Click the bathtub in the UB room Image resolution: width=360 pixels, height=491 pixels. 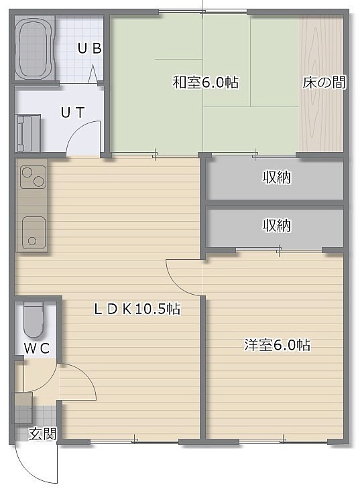tap(34, 48)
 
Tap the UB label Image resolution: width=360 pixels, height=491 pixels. tap(90, 49)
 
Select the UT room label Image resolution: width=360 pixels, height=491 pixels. tap(73, 113)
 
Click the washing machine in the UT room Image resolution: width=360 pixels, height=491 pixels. tap(28, 133)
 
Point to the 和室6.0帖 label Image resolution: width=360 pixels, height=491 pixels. tap(206, 82)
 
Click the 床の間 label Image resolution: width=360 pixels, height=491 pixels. tap(324, 82)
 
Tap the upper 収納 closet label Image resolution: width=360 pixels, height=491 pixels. tap(277, 178)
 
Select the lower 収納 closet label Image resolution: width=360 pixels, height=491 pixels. tap(277, 226)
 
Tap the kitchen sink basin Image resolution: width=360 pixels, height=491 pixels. tap(34, 232)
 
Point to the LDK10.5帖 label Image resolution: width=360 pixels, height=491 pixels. tap(137, 309)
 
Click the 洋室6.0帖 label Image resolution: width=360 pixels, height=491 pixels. tap(278, 345)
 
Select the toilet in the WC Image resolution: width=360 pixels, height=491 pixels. tap(33, 319)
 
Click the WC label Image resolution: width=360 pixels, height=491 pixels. tap(37, 348)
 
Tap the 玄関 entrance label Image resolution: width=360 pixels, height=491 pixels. tap(43, 434)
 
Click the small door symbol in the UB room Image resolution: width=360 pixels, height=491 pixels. tap(93, 74)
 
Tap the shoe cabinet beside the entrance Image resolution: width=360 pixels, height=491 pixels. tap(23, 408)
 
